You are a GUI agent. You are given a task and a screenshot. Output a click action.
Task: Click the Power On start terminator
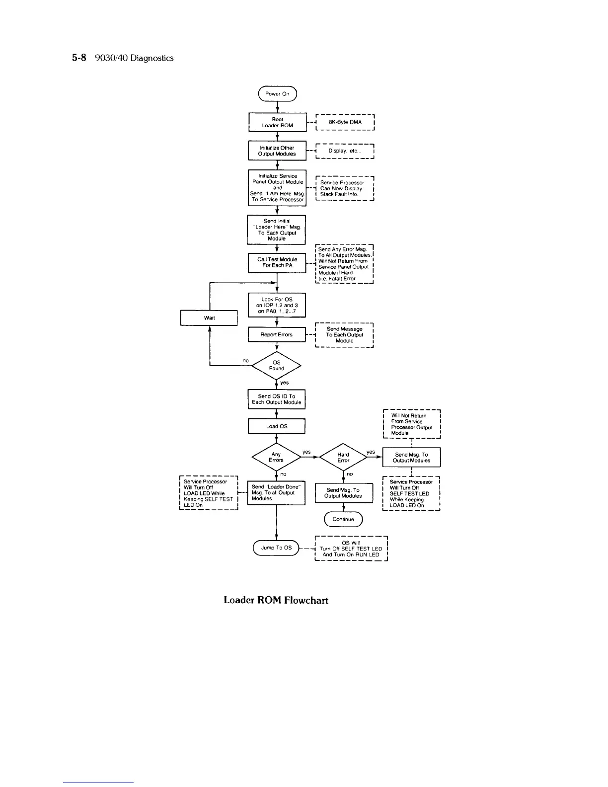tap(277, 93)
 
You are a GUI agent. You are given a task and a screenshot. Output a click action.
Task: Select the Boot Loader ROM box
tap(277, 122)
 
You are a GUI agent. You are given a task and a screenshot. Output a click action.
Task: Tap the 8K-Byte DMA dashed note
tap(345, 122)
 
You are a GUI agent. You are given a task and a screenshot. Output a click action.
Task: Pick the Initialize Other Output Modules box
tap(277, 151)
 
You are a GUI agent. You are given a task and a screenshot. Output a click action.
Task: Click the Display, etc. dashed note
tap(345, 151)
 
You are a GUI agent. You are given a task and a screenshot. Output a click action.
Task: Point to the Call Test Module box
tap(277, 262)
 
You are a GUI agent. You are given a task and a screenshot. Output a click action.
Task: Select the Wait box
tap(209, 317)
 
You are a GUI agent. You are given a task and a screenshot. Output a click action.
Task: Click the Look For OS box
tap(277, 305)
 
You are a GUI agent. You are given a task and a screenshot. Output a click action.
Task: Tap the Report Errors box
tap(277, 334)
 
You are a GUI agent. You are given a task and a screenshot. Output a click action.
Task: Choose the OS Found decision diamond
tap(277, 366)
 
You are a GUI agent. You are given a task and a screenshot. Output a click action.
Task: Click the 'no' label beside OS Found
tap(245, 360)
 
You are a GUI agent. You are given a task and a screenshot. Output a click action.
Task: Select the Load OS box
tap(277, 426)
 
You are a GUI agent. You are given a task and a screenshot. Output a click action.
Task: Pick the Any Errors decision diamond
tap(276, 457)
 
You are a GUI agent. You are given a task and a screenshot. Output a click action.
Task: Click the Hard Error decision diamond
tap(343, 457)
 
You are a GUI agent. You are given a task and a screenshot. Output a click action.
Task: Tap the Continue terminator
tap(343, 519)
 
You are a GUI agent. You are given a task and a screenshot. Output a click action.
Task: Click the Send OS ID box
tap(277, 399)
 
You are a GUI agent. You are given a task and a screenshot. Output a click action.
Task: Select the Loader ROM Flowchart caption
tap(276, 600)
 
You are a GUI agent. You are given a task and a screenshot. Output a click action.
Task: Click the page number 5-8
tap(79, 58)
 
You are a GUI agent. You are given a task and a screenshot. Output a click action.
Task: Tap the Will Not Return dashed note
tap(412, 424)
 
